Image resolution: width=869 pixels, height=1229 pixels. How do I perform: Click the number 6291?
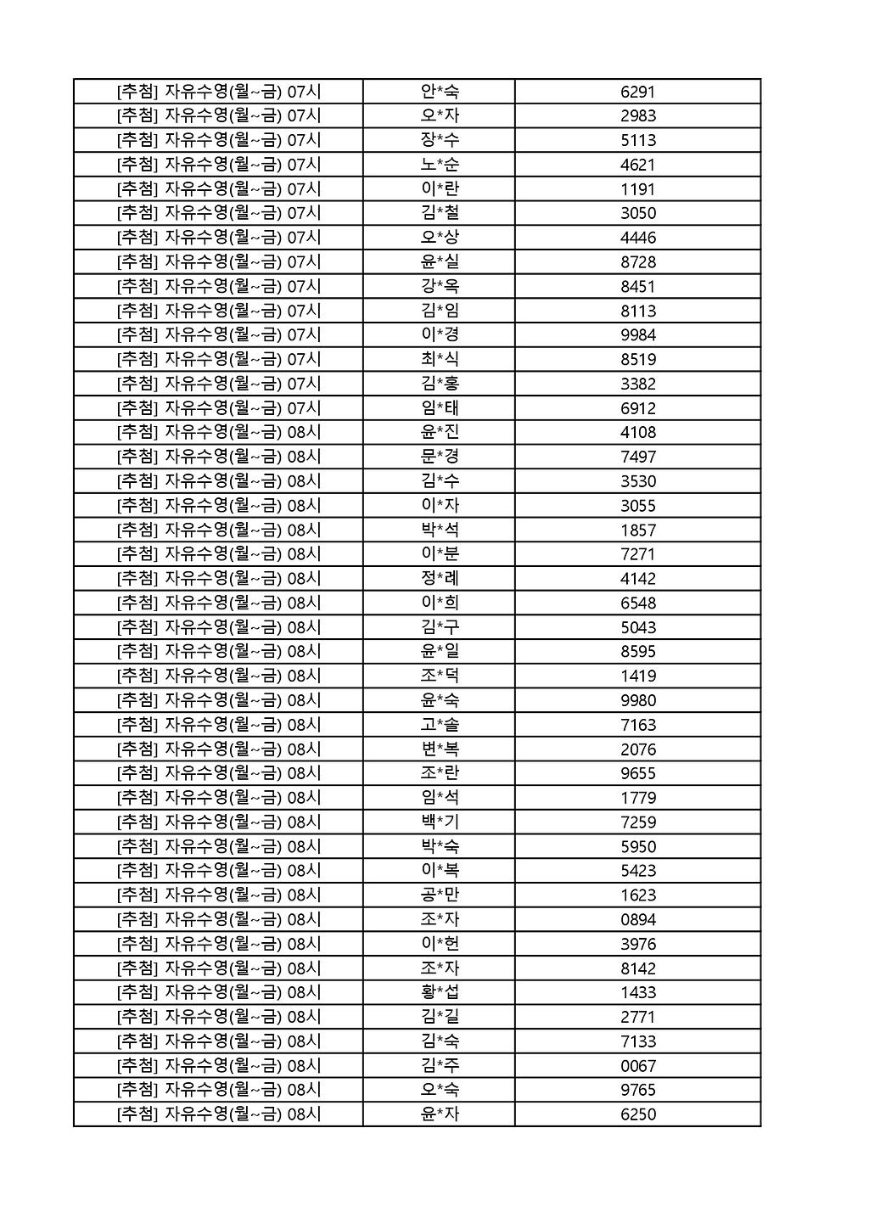[637, 92]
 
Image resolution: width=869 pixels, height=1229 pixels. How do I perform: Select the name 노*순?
[439, 165]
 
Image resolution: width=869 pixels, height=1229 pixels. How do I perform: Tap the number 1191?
[637, 189]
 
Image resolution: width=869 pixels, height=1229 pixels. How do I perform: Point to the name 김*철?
[439, 213]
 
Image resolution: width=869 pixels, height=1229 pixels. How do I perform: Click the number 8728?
[637, 262]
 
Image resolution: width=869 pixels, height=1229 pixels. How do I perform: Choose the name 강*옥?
[439, 286]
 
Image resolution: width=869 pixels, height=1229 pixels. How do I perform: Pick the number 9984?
[637, 335]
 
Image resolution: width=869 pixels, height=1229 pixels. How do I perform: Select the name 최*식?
[439, 359]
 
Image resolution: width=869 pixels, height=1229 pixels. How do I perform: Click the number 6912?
[637, 408]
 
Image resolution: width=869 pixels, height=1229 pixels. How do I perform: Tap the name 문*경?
[439, 457]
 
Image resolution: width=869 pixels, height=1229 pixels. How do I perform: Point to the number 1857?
[637, 530]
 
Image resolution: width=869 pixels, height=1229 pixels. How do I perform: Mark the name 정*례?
[439, 579]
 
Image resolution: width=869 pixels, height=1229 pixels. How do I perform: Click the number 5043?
[637, 628]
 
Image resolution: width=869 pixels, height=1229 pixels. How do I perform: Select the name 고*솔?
[439, 725]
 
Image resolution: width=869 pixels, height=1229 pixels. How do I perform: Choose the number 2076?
[637, 749]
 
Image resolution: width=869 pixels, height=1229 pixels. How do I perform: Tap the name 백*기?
[439, 822]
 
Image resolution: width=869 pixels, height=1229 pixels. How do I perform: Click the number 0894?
[637, 920]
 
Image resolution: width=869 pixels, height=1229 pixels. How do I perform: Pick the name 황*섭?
[439, 992]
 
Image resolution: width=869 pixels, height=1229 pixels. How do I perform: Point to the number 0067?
[637, 1066]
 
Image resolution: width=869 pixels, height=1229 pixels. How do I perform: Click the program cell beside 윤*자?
[219, 1114]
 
